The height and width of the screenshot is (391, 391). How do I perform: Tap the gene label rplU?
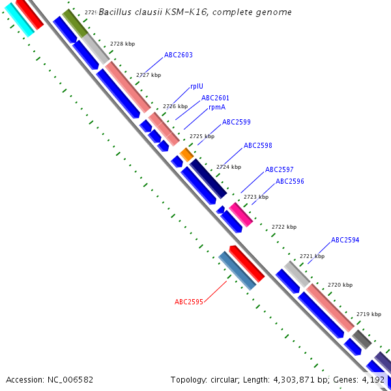tap(196, 86)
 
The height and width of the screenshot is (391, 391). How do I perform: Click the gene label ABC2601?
tap(215, 98)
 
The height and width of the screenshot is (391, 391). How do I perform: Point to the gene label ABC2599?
tap(236, 122)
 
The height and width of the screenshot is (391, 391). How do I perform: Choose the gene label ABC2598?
tap(257, 146)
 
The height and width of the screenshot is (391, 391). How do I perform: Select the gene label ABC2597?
tap(279, 169)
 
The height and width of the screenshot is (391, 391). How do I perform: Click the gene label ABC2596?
tap(289, 181)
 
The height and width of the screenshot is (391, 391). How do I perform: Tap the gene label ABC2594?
tap(345, 240)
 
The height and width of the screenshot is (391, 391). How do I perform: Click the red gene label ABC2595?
tap(189, 302)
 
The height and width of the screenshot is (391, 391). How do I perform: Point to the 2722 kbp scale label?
tap(284, 227)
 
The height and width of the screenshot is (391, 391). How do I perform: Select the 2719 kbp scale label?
tap(368, 314)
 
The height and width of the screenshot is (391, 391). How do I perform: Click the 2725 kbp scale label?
tap(201, 136)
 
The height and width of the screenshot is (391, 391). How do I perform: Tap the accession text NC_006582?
tap(50, 379)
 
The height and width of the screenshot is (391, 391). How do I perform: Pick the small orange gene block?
tap(186, 155)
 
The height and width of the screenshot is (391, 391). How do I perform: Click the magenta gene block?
tap(240, 214)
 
